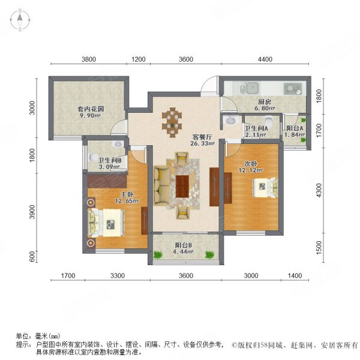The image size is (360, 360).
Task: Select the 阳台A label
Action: [294, 128]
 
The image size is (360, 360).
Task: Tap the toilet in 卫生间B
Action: [92, 157]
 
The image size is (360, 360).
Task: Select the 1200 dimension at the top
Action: [139, 59]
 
